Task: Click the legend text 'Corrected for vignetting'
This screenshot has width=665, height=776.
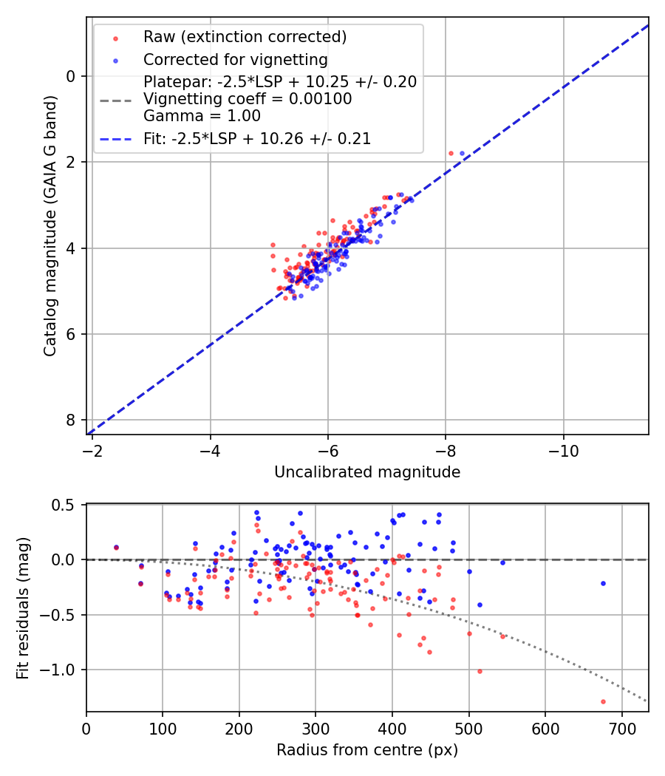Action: click(x=235, y=59)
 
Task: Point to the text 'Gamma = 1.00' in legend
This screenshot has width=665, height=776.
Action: click(x=202, y=116)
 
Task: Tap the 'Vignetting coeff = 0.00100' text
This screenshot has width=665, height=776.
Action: click(x=248, y=99)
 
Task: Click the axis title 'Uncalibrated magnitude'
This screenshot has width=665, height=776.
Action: click(x=367, y=472)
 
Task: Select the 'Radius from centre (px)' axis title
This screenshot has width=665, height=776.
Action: click(x=367, y=750)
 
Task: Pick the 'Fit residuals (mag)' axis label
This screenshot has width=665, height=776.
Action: click(x=23, y=608)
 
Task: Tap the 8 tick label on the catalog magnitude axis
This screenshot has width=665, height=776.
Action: click(x=72, y=420)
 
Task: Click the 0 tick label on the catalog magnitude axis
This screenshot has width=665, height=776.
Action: click(x=72, y=76)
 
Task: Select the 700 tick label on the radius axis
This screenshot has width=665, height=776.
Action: click(x=621, y=728)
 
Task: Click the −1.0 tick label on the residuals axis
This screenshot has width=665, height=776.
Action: click(x=63, y=670)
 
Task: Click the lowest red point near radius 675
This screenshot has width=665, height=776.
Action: click(x=603, y=701)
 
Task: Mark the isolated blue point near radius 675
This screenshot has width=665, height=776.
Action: click(x=603, y=583)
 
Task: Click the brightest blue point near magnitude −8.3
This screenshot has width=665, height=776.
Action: click(x=463, y=153)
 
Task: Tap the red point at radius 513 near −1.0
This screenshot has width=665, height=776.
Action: click(x=480, y=671)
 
